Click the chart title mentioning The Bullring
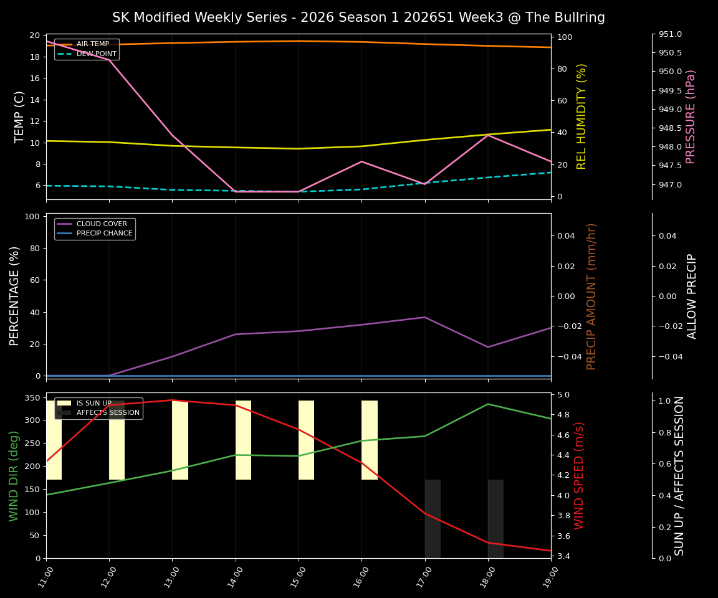point(358,17)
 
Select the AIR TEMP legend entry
point(92,44)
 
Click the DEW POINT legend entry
point(96,54)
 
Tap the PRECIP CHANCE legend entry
point(104,234)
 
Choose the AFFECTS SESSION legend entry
point(108,413)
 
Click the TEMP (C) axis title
point(19,116)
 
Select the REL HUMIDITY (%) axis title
point(582,116)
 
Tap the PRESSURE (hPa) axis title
point(690,116)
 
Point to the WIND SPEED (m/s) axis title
point(579,475)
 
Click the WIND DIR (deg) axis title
point(14,475)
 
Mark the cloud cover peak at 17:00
point(424,317)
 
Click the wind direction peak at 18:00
point(488,404)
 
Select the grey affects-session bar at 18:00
point(495,519)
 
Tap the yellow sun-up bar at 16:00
point(370,440)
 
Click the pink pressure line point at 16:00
point(361,161)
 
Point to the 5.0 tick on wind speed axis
point(563,395)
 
